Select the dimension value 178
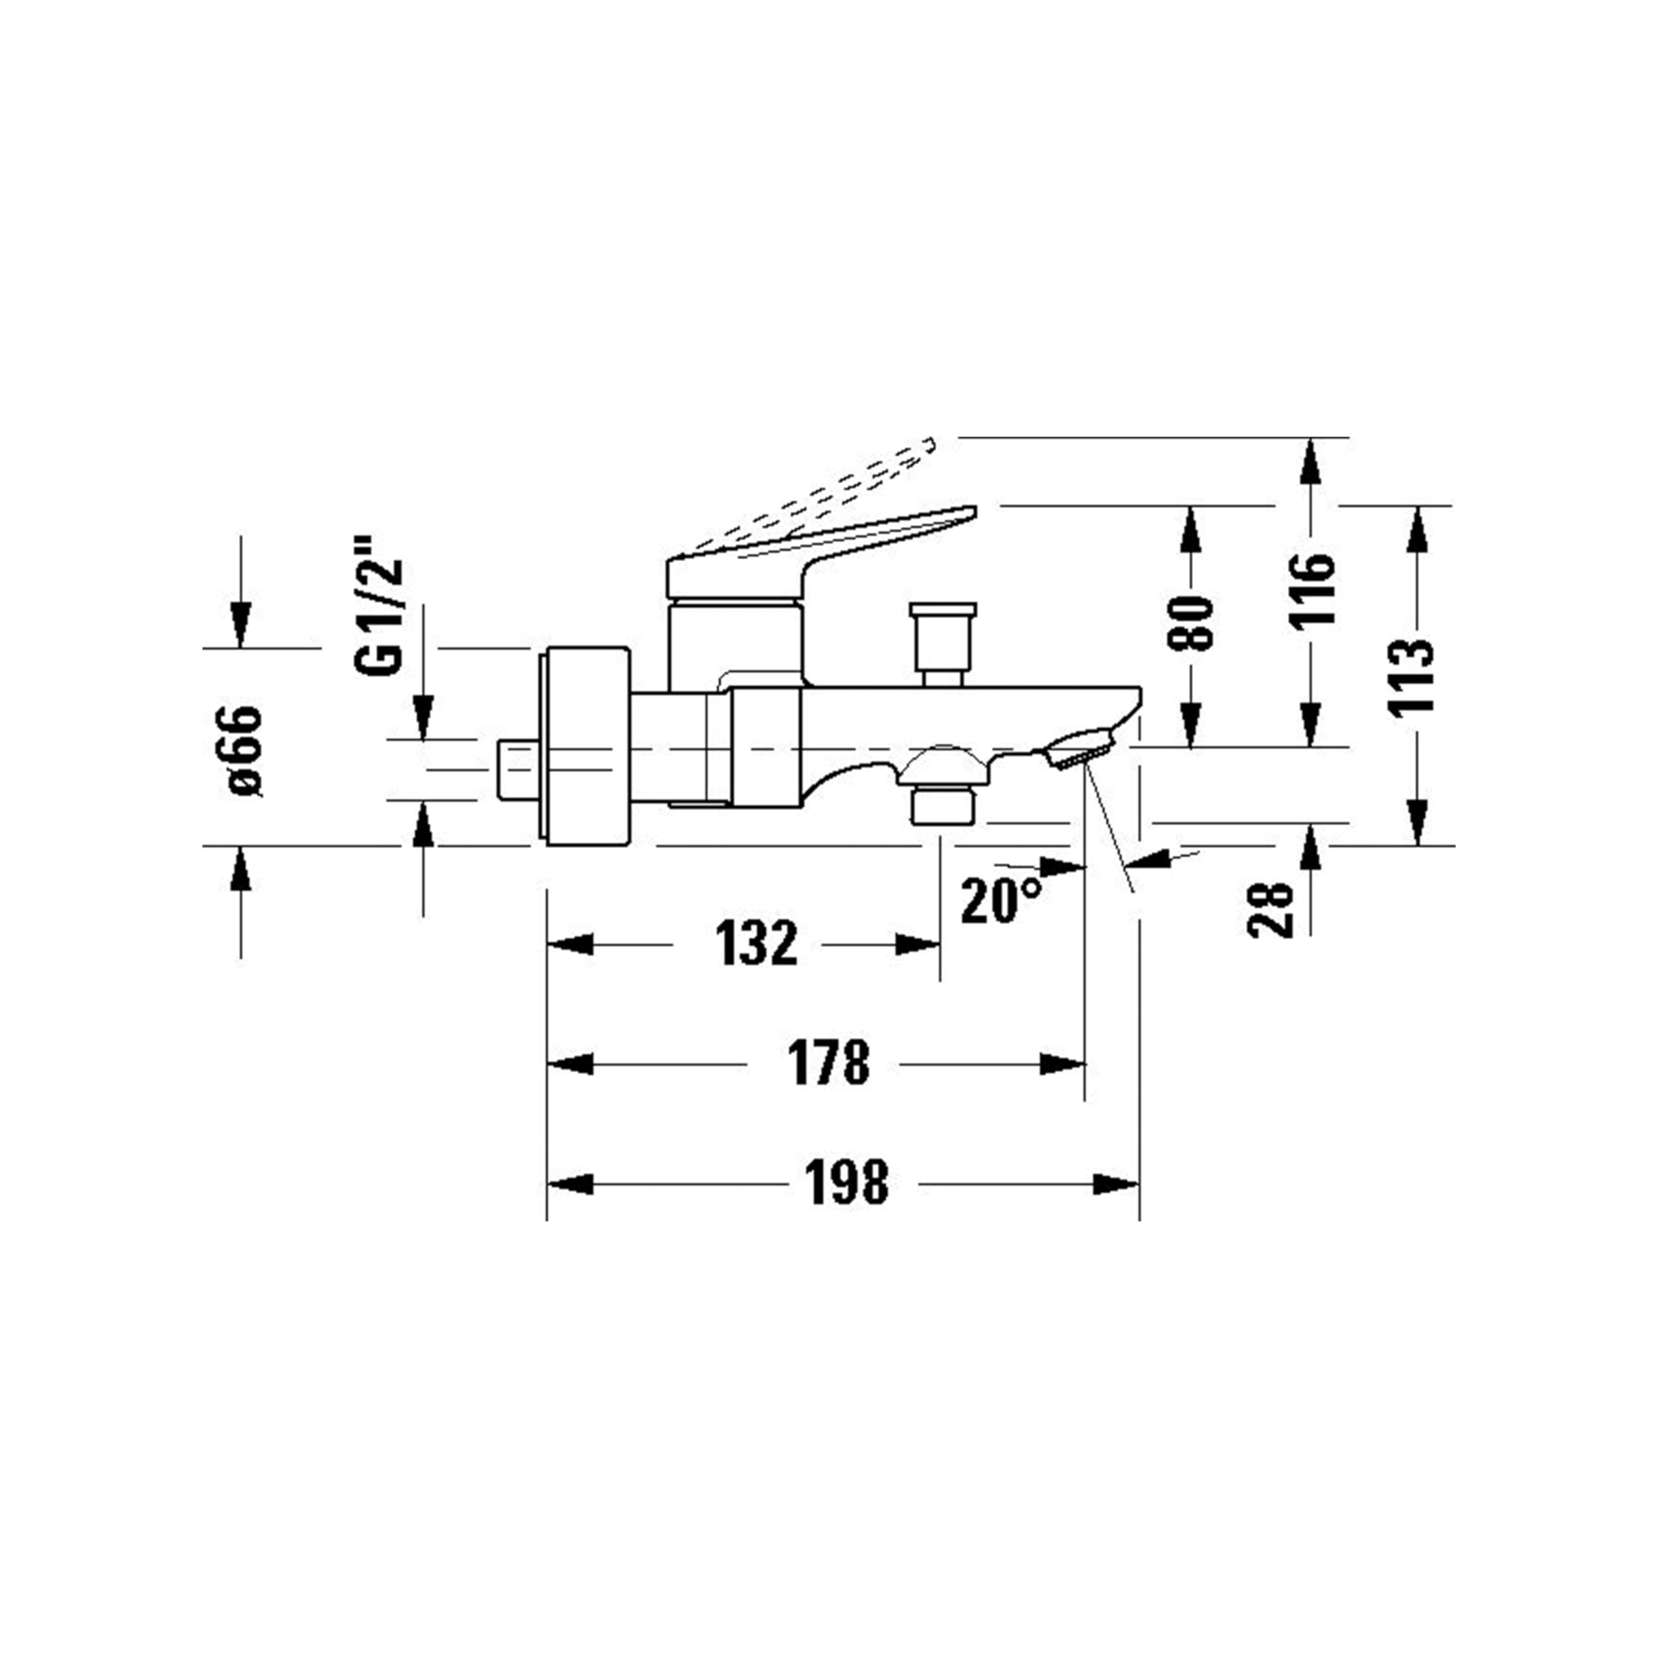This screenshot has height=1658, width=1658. coord(828,1064)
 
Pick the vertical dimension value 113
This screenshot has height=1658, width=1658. coord(1413,676)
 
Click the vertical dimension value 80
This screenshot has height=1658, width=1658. coord(1191,622)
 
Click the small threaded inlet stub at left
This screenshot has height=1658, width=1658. coord(517,770)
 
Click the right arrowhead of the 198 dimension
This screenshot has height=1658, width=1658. coord(1117,1185)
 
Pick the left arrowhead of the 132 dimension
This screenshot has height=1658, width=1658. coord(570,945)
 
